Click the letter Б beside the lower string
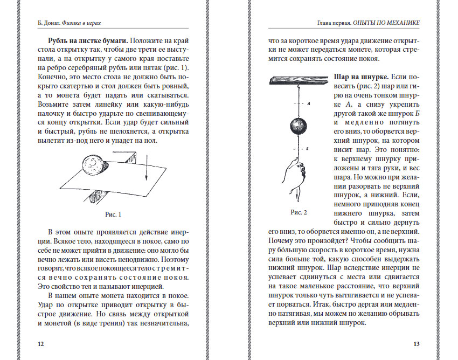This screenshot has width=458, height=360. tap(308, 147)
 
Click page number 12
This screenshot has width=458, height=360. tap(39, 344)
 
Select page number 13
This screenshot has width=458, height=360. tap(416, 344)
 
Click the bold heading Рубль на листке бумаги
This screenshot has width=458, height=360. tap(87, 41)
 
